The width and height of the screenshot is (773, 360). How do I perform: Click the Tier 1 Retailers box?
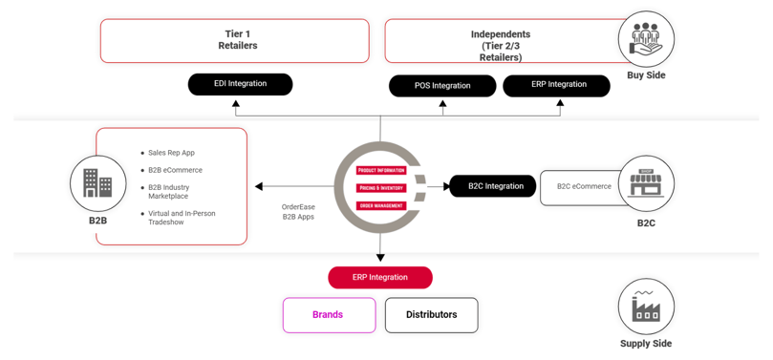235,40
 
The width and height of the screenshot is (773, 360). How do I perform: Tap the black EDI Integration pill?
240,84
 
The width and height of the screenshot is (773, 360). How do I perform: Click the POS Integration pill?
442,86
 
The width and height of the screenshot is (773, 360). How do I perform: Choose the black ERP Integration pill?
558,85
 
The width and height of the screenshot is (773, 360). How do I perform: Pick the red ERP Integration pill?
379,278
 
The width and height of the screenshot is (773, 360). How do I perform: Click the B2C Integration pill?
495,186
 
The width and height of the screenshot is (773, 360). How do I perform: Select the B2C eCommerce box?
584,187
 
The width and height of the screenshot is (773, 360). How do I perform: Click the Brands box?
328,315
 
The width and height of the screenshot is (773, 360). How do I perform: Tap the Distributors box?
431,315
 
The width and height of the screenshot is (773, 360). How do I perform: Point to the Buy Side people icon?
646,40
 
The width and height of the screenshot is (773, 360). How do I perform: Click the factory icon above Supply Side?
646,307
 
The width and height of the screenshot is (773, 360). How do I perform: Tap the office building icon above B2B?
97,182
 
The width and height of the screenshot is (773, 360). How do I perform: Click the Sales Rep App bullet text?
171,153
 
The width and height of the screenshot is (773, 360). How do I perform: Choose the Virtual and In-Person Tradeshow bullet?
181,218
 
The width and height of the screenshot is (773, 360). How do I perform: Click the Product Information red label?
381,171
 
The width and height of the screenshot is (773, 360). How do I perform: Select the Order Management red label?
381,205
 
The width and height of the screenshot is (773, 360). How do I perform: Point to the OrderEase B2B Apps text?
298,212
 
